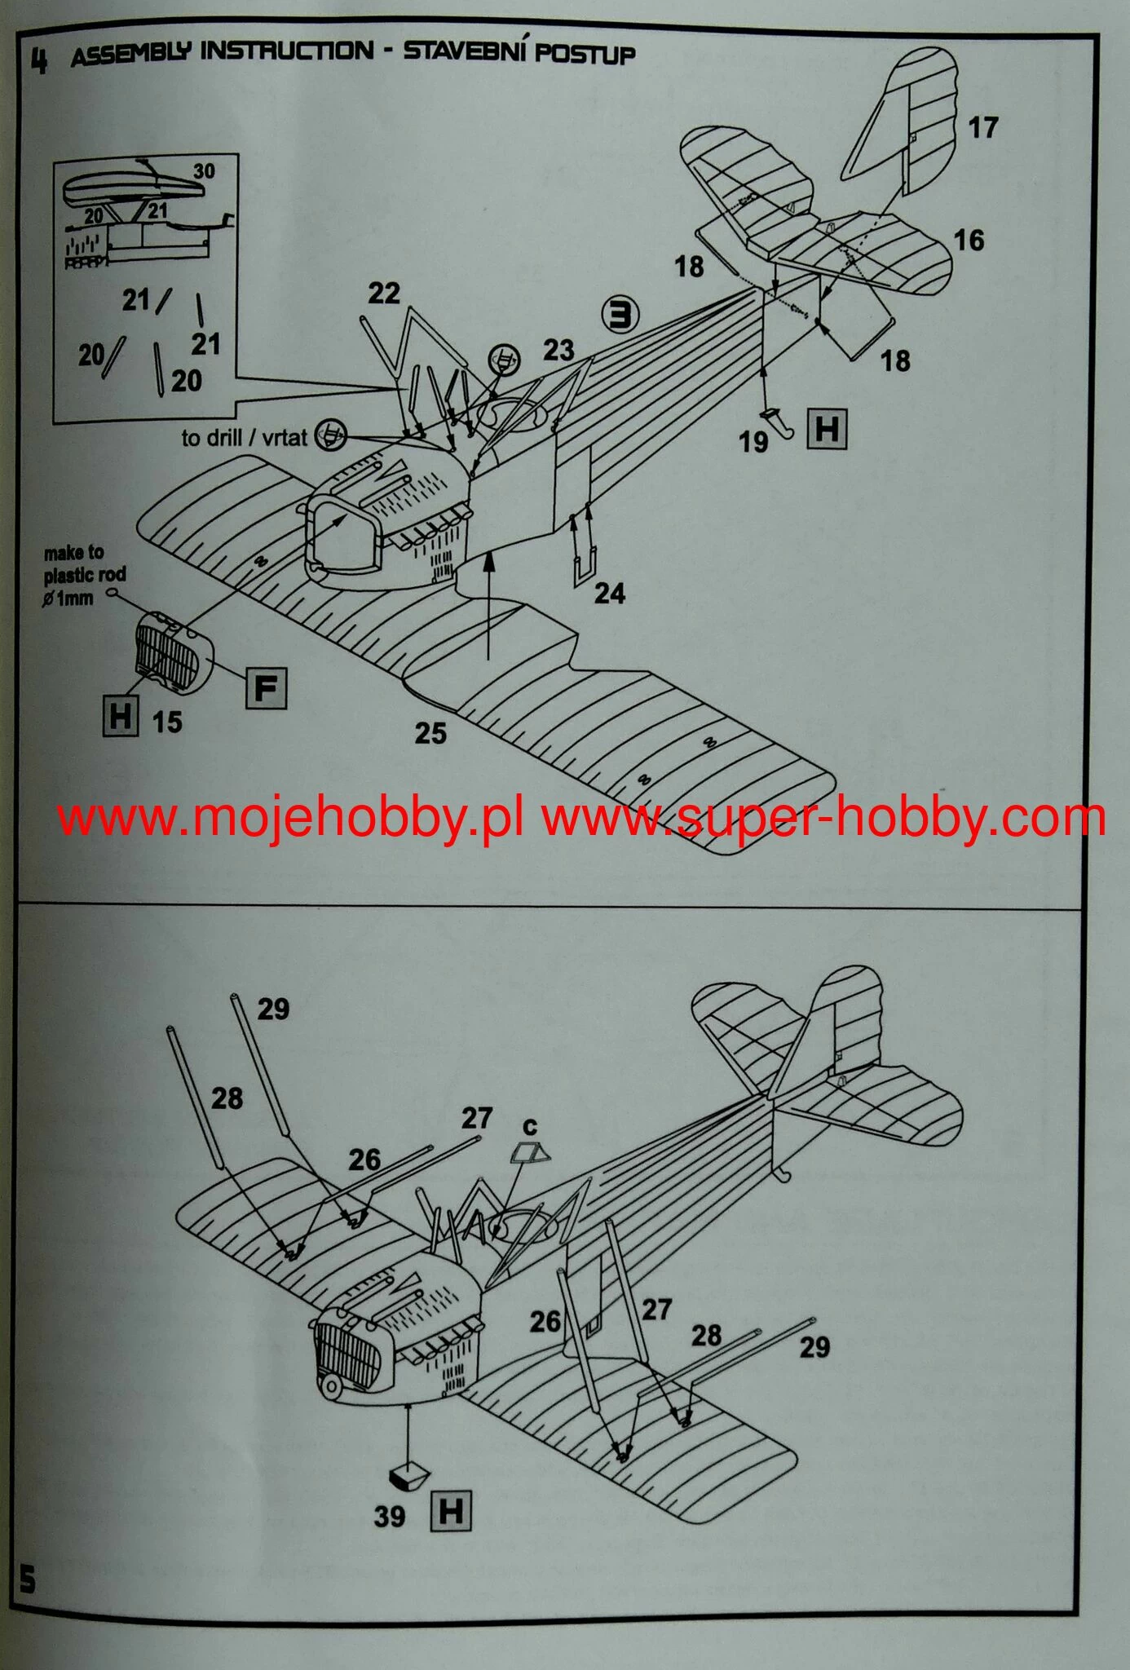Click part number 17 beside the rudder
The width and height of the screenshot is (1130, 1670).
(x=983, y=128)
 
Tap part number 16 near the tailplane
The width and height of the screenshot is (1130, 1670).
(x=969, y=241)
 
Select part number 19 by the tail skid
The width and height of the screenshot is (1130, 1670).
(x=753, y=442)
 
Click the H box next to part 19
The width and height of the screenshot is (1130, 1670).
(x=826, y=428)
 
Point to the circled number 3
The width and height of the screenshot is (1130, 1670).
(x=621, y=314)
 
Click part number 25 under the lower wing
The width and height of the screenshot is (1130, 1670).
(x=430, y=733)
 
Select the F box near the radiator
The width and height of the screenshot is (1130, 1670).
(x=266, y=689)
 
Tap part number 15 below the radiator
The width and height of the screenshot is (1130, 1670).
(x=167, y=722)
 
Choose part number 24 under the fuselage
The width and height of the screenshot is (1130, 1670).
(x=609, y=593)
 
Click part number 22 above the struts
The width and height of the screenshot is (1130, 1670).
(x=384, y=294)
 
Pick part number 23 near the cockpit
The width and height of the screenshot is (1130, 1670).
(x=558, y=351)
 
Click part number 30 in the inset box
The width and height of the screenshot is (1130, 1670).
(x=204, y=171)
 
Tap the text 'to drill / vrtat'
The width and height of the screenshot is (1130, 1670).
(x=244, y=438)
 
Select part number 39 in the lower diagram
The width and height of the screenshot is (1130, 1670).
(x=390, y=1517)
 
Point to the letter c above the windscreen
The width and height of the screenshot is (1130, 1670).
(x=530, y=1127)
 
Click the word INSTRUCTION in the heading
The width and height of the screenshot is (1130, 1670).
(x=287, y=52)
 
